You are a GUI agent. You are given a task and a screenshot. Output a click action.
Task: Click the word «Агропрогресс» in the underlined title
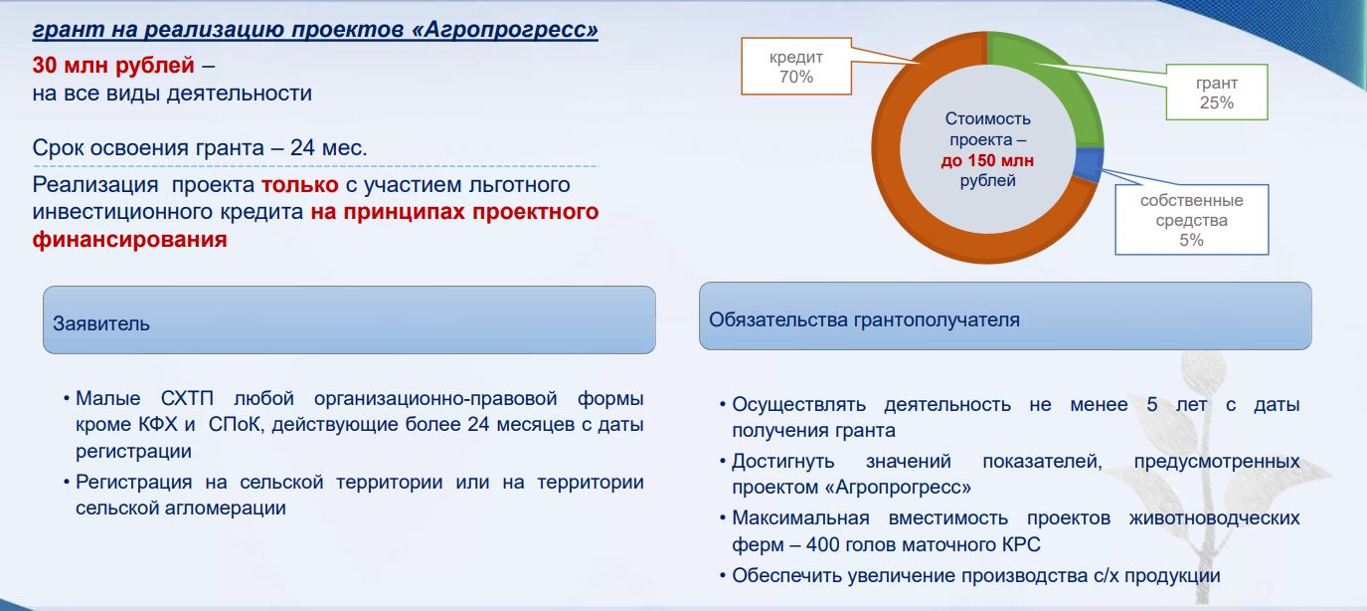pyautogui.click(x=505, y=29)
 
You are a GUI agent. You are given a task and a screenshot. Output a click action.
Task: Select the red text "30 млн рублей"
pyautogui.click(x=113, y=65)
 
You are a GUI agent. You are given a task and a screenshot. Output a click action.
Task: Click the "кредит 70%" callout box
pyautogui.click(x=795, y=66)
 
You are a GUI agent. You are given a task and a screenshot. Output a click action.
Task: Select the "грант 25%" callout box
pyautogui.click(x=1216, y=93)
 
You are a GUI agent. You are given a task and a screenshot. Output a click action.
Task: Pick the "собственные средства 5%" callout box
pyautogui.click(x=1191, y=219)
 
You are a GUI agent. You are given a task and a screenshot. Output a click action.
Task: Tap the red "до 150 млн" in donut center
pyautogui.click(x=987, y=160)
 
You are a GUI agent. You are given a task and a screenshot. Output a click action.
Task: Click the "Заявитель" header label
pyautogui.click(x=101, y=323)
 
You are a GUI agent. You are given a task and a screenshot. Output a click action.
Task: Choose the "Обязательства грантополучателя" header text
pyautogui.click(x=864, y=319)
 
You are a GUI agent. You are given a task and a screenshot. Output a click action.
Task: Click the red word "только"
pyautogui.click(x=299, y=184)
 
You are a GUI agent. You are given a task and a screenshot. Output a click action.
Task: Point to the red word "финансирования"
pyautogui.click(x=129, y=239)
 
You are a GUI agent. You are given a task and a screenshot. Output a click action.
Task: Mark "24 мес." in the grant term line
pyautogui.click(x=328, y=147)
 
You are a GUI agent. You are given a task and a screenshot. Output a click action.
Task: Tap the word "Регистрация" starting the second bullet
pyautogui.click(x=133, y=482)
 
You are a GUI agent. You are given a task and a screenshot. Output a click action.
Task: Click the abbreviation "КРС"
pyautogui.click(x=1021, y=544)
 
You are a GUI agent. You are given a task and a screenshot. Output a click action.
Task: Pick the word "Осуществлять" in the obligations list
pyautogui.click(x=799, y=404)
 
